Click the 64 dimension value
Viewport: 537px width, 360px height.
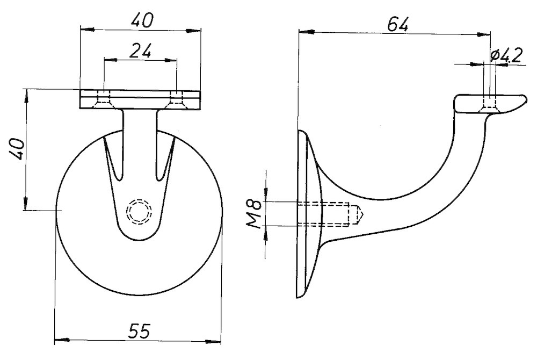[x=397, y=24]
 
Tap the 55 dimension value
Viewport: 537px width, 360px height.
[x=140, y=331]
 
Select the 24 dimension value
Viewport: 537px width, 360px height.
[x=140, y=52]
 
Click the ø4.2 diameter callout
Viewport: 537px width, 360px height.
[x=506, y=55]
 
